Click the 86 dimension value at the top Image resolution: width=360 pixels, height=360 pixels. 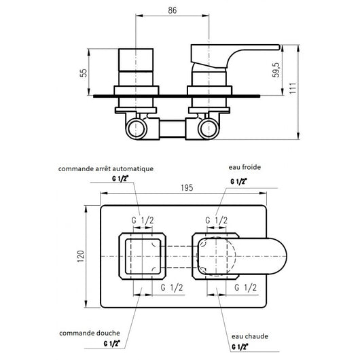pyautogui.click(x=173, y=10)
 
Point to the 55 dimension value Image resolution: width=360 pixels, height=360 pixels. pyautogui.click(x=84, y=73)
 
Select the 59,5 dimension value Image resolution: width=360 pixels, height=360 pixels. pyautogui.click(x=276, y=70)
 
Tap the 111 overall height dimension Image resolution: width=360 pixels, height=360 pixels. pyautogui.click(x=293, y=88)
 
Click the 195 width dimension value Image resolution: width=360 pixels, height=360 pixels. pyautogui.click(x=187, y=187)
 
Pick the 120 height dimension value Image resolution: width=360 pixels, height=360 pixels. pyautogui.click(x=81, y=256)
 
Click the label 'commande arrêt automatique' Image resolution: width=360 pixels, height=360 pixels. pyautogui.click(x=106, y=169)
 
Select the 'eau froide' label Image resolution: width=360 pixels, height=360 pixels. pyautogui.click(x=245, y=167)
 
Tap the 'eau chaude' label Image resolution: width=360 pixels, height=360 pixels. pyautogui.click(x=250, y=336)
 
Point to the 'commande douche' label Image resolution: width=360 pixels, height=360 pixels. pyautogui.click(x=89, y=333)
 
